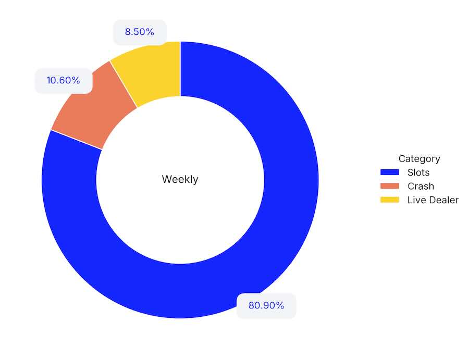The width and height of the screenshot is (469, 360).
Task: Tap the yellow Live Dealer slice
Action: (x=151, y=73)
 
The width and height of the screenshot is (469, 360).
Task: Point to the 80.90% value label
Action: (x=266, y=306)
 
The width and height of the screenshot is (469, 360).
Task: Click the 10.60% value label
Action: (x=63, y=81)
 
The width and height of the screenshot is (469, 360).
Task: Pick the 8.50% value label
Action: (x=139, y=32)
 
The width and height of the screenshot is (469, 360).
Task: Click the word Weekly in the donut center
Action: (x=180, y=180)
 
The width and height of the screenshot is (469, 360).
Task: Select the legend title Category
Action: (x=419, y=159)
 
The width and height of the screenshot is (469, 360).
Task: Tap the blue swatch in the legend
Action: (x=389, y=172)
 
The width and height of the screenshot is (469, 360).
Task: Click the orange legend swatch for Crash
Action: (x=389, y=186)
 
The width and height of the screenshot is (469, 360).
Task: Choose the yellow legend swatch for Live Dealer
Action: (x=389, y=200)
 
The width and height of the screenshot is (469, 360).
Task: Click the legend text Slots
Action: (x=418, y=172)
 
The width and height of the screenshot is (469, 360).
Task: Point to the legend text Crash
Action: (x=421, y=186)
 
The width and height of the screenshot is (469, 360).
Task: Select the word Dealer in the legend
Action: (x=443, y=200)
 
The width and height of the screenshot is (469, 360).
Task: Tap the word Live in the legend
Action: (x=416, y=200)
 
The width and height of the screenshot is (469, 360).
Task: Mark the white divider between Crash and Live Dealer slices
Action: (x=124, y=84)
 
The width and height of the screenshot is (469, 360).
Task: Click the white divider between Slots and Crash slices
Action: (x=76, y=140)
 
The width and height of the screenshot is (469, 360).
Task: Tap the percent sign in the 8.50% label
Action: (x=150, y=32)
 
